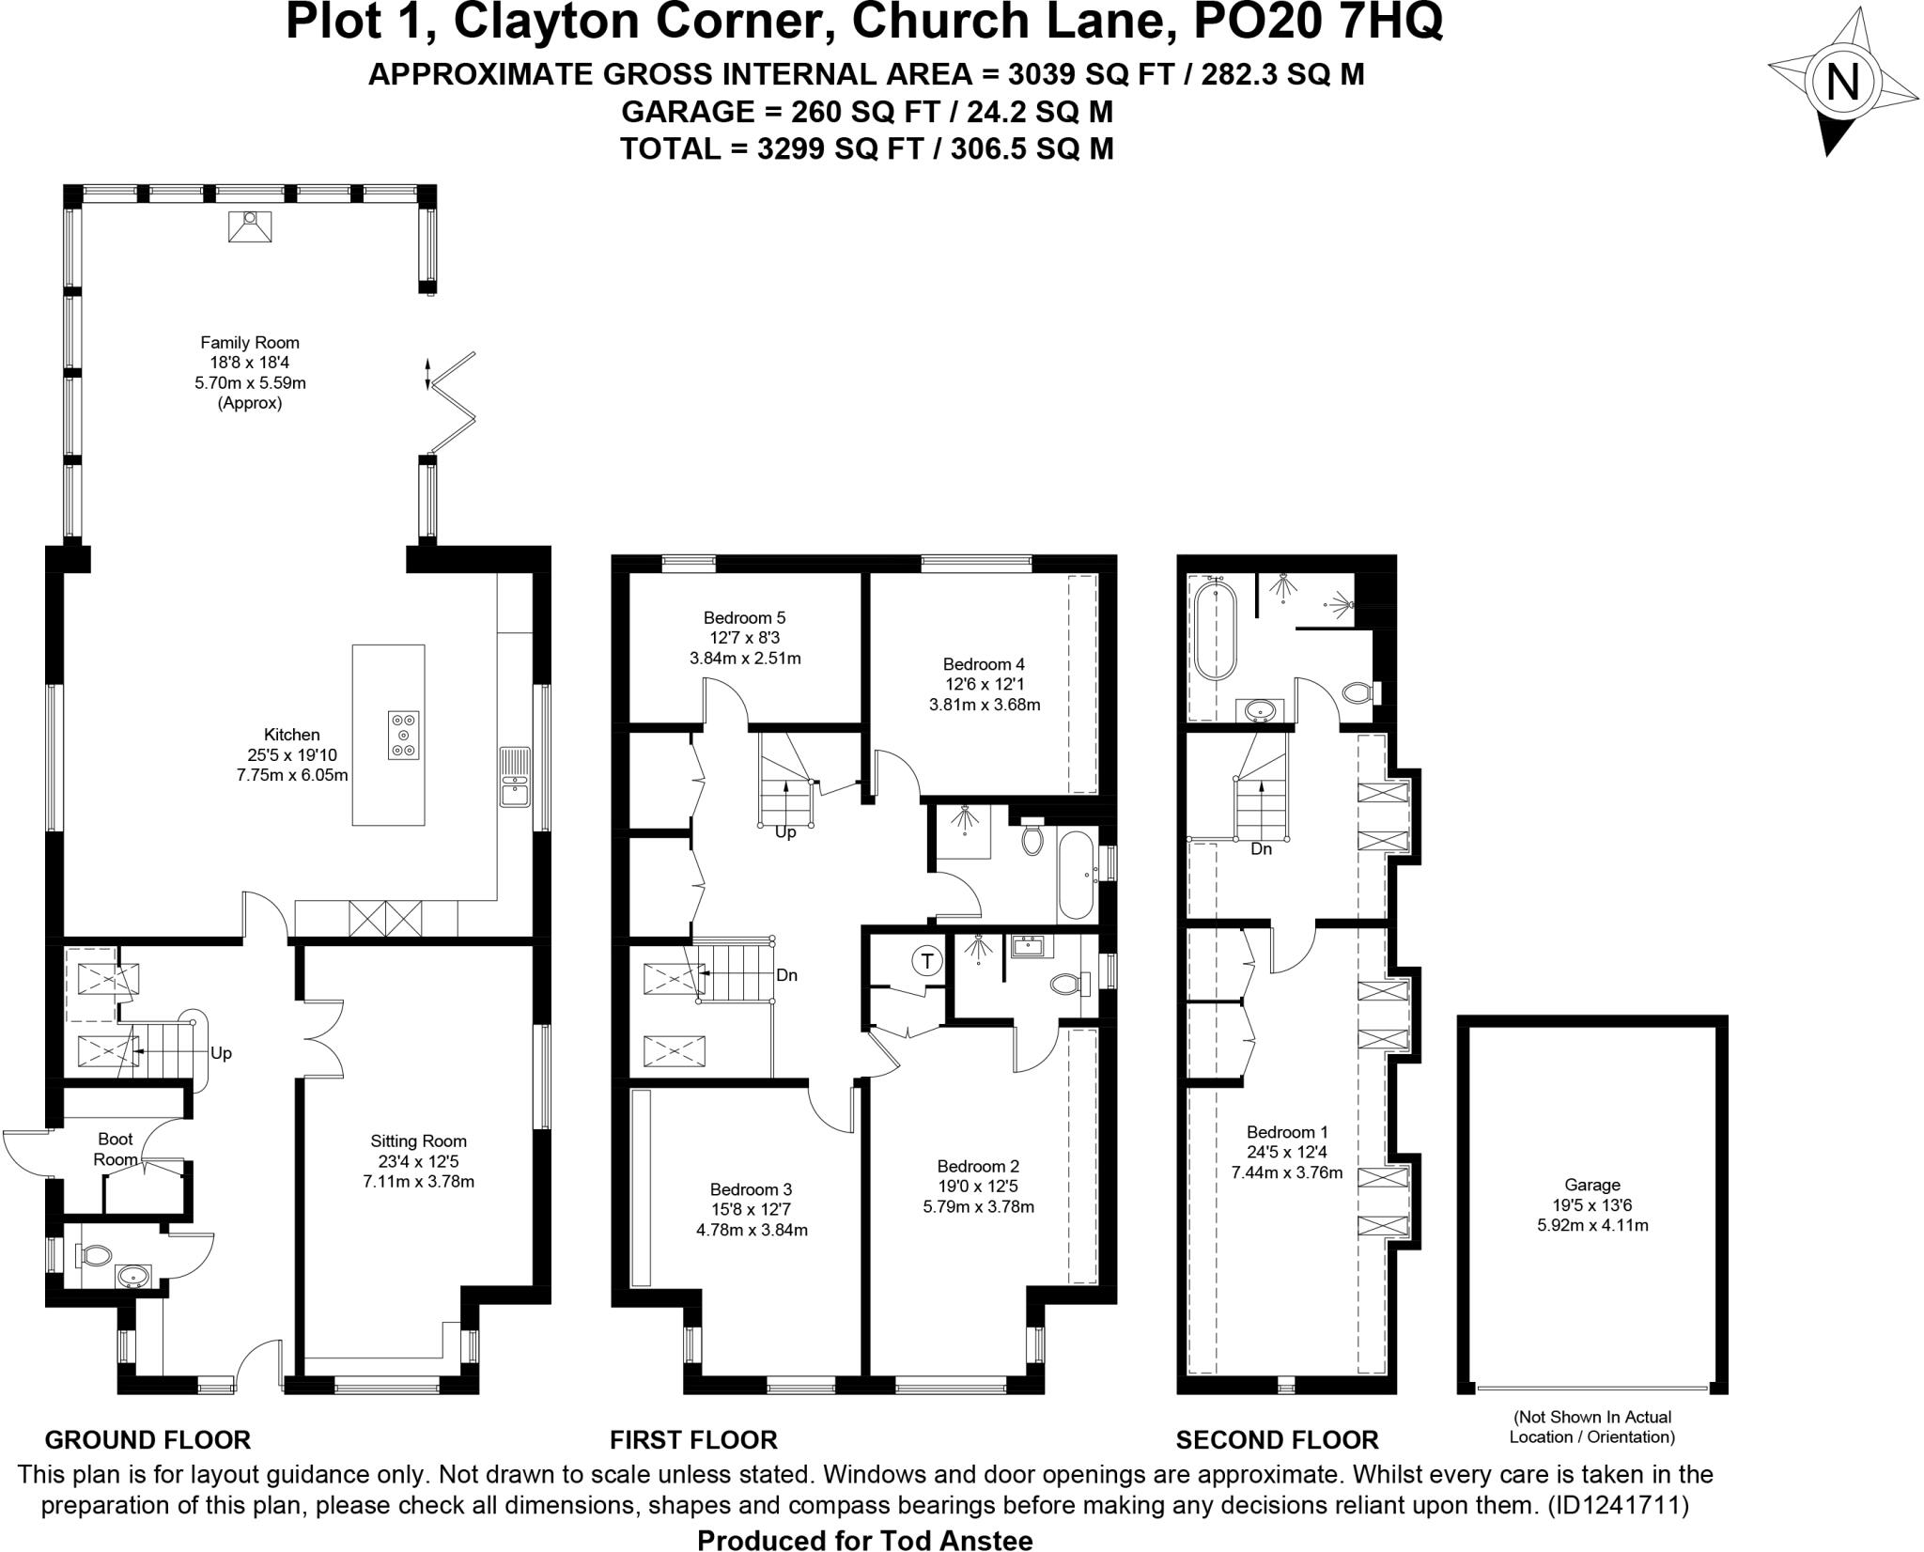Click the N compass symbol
click(x=1841, y=83)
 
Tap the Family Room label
click(x=250, y=343)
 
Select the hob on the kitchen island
click(x=404, y=736)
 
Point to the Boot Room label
click(x=116, y=1149)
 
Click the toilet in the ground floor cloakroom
click(x=95, y=1254)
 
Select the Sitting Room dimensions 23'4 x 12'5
click(x=418, y=1161)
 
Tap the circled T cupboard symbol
click(x=927, y=960)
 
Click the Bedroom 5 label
click(x=744, y=618)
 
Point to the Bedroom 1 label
click(x=1286, y=1132)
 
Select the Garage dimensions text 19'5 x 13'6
click(x=1591, y=1205)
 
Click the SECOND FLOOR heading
click(x=1277, y=1440)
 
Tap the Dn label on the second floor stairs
click(x=1261, y=849)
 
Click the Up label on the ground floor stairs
click(x=221, y=1053)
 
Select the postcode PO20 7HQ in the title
click(x=1317, y=23)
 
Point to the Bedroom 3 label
click(x=757, y=1189)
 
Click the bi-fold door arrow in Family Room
click(x=428, y=373)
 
